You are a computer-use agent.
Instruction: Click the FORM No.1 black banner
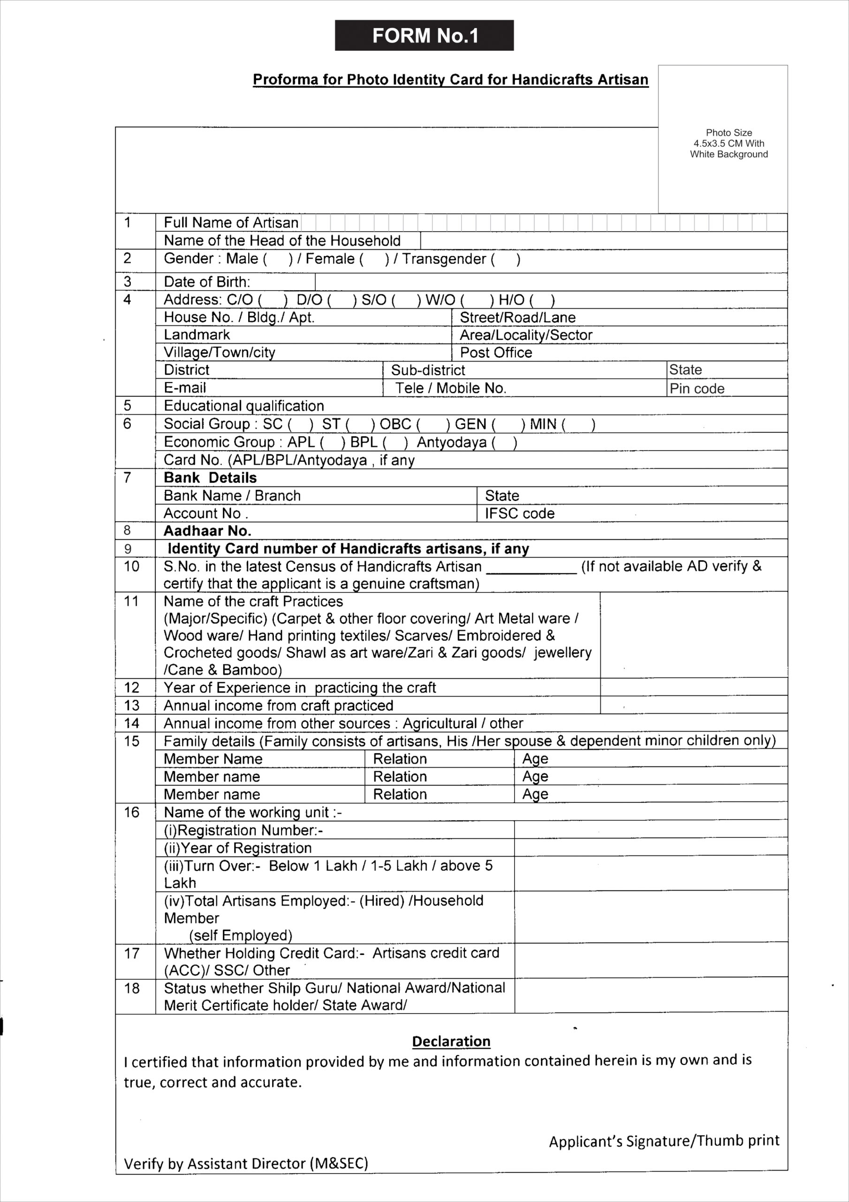click(424, 36)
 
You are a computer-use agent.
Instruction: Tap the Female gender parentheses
click(374, 259)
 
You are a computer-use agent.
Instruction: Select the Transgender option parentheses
click(505, 259)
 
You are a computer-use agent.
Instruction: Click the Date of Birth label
click(207, 282)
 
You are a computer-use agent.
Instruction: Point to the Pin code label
click(697, 388)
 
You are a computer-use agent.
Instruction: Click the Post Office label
click(496, 352)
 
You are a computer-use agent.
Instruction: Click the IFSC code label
click(519, 513)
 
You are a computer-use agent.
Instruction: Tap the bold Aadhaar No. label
click(208, 531)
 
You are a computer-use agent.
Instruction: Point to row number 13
click(132, 705)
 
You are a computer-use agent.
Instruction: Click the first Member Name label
click(213, 759)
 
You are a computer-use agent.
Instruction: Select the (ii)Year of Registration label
click(237, 848)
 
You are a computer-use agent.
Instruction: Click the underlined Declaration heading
click(451, 1041)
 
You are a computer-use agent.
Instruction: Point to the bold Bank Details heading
click(210, 478)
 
